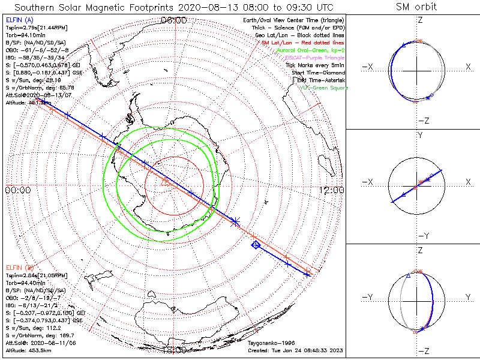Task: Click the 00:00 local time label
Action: tap(18, 190)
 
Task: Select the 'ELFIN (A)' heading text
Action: tap(19, 20)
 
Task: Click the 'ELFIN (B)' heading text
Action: tap(19, 267)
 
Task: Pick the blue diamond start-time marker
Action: tap(256, 244)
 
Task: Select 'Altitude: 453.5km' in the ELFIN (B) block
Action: tap(28, 350)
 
